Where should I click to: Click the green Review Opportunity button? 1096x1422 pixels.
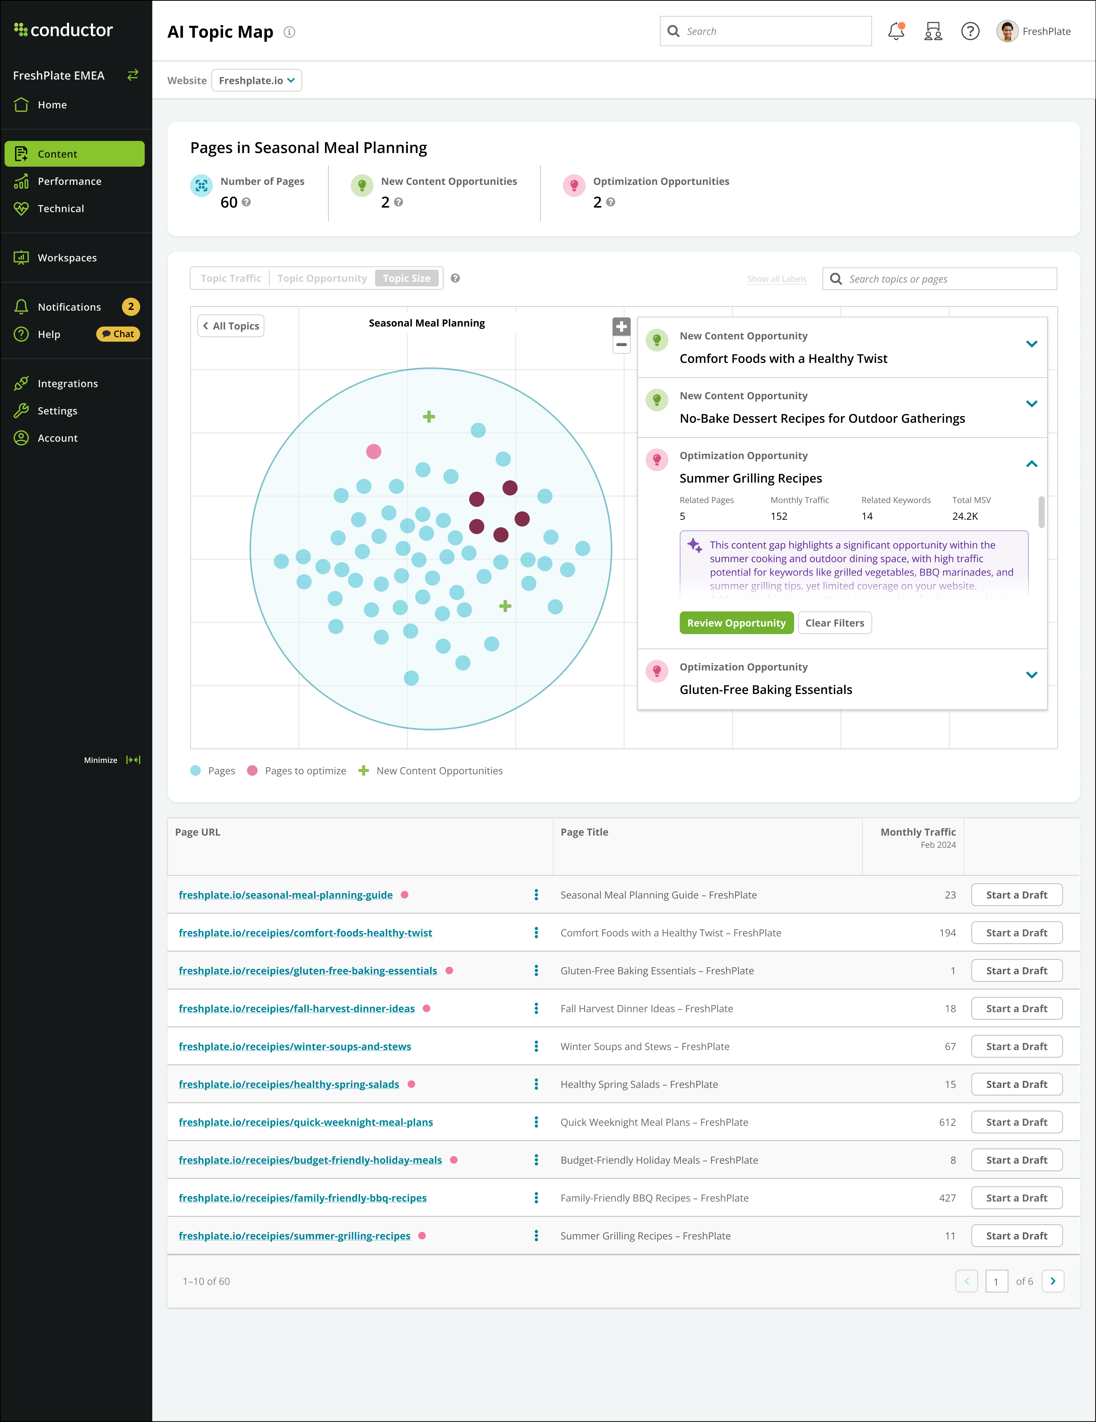(736, 623)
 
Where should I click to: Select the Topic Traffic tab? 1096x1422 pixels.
(231, 278)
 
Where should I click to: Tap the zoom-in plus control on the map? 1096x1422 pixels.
(621, 326)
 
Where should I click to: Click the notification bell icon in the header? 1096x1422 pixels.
(896, 31)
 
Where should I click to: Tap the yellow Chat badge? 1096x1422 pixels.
(118, 334)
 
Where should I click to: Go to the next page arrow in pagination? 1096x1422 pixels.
(1052, 1281)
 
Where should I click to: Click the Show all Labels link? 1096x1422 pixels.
(776, 279)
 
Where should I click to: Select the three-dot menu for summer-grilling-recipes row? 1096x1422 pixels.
(536, 1236)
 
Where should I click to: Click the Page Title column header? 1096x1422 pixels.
(584, 832)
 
